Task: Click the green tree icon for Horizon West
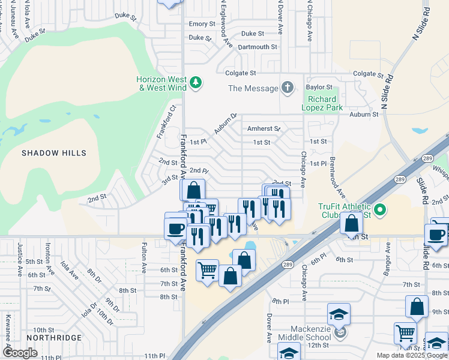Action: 195,82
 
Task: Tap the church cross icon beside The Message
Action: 288,88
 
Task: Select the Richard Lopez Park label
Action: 325,103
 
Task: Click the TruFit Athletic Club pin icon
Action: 379,210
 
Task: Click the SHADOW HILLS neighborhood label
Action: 54,153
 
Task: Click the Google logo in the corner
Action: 20,353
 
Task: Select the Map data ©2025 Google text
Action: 412,355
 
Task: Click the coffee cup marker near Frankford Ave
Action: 176,229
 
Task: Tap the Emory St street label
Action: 202,24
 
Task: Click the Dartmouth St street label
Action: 258,46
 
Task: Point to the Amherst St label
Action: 264,128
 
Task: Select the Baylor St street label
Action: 319,87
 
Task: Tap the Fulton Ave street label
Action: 144,256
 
